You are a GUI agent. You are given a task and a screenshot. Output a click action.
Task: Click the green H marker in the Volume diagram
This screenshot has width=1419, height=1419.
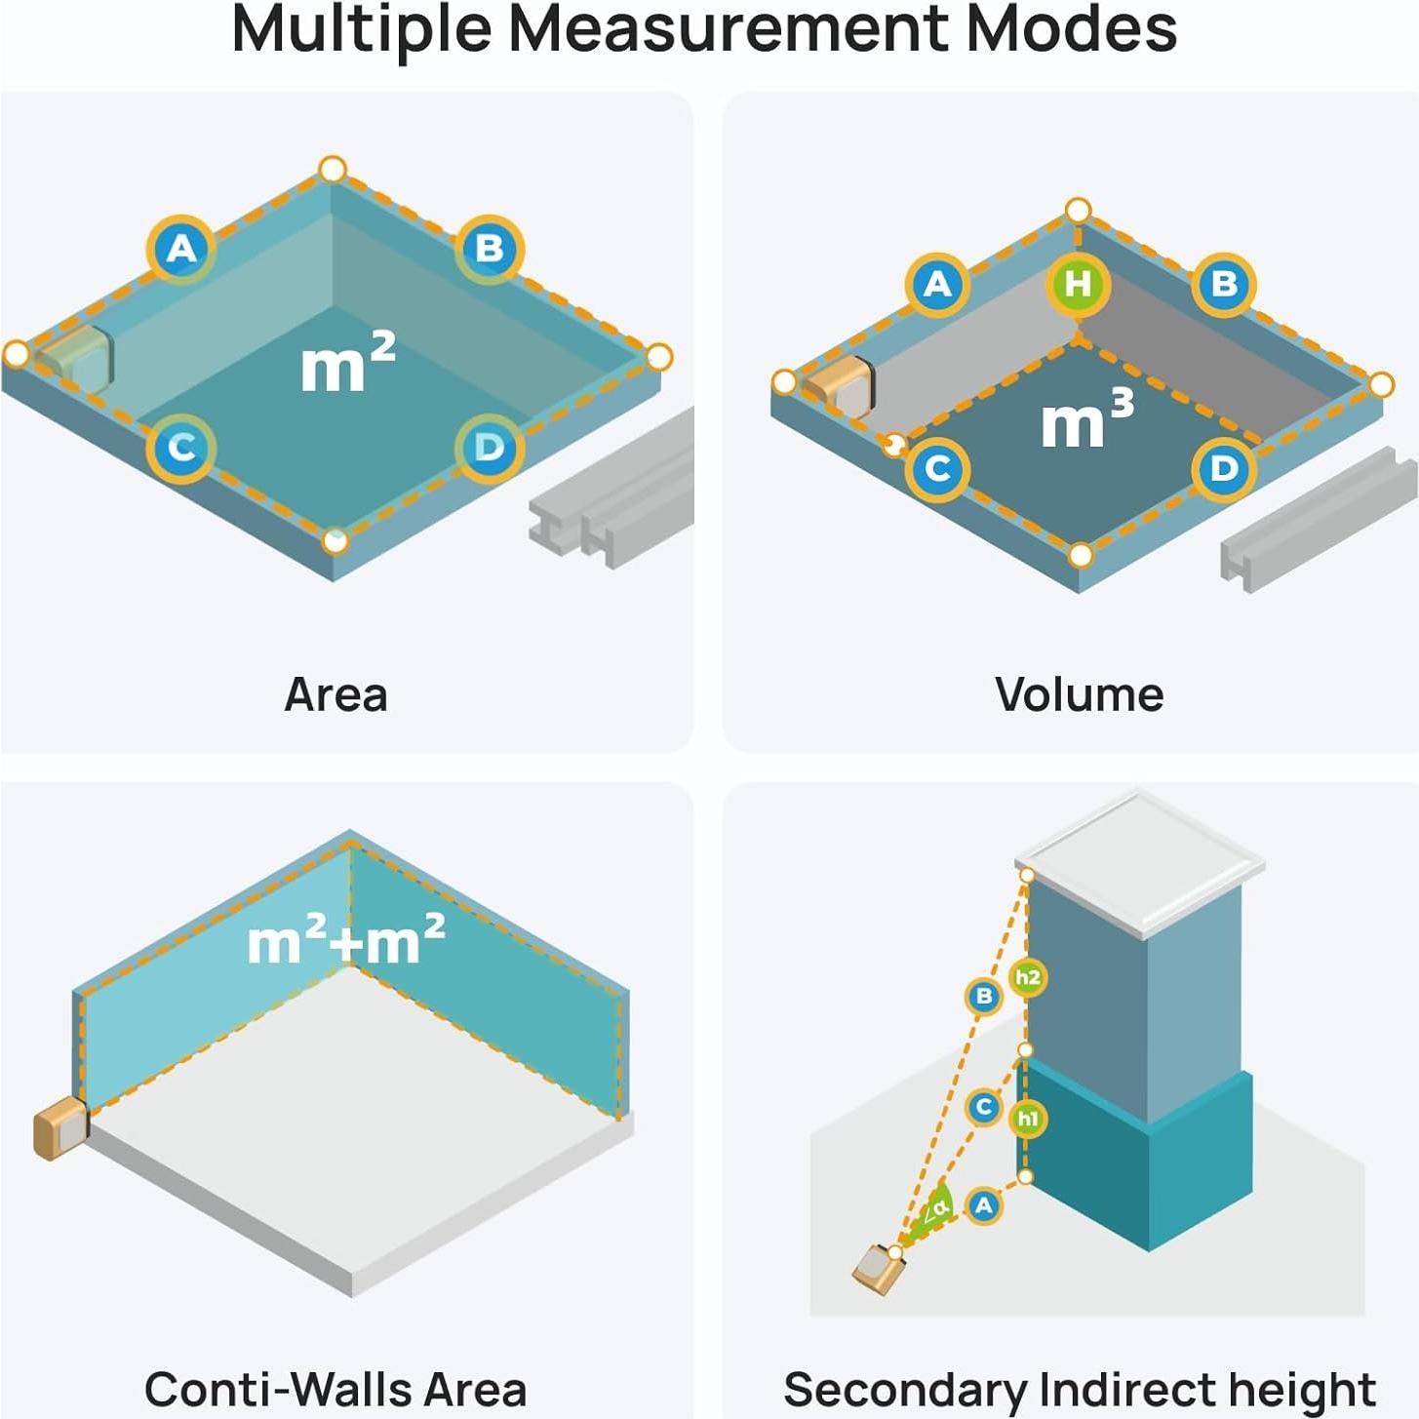(x=1078, y=284)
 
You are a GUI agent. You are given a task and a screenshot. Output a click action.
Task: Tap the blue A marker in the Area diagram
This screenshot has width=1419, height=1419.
(x=181, y=250)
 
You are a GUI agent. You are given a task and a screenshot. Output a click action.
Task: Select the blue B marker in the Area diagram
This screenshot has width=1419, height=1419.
(x=490, y=249)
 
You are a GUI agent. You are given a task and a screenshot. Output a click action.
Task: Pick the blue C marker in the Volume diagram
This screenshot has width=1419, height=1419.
(x=937, y=469)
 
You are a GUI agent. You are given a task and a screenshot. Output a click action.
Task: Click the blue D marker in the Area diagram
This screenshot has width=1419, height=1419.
(x=489, y=448)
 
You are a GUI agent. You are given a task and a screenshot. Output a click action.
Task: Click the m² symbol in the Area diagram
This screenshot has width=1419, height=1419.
(x=347, y=362)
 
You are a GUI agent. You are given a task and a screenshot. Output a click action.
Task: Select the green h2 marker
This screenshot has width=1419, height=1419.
(x=1027, y=977)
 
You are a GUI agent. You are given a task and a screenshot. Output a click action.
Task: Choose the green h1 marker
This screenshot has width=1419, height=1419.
(x=1027, y=1118)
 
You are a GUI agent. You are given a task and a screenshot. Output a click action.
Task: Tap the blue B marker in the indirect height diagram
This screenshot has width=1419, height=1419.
(x=983, y=996)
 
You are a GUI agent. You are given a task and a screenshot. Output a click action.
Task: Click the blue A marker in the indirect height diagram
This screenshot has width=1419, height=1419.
(x=983, y=1205)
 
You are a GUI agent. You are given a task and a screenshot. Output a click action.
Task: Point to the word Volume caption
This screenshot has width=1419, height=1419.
(x=1079, y=694)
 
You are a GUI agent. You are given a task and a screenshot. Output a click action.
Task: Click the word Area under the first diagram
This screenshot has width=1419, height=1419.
(x=335, y=694)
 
